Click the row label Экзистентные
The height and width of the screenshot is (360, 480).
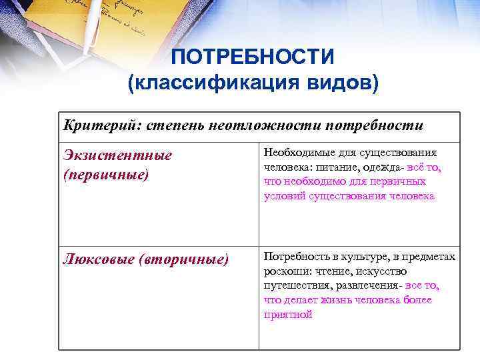(x=117, y=155)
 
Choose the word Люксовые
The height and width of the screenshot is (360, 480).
(x=97, y=258)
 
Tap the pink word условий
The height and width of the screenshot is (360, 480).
(x=284, y=196)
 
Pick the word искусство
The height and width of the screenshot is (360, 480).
(x=383, y=271)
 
